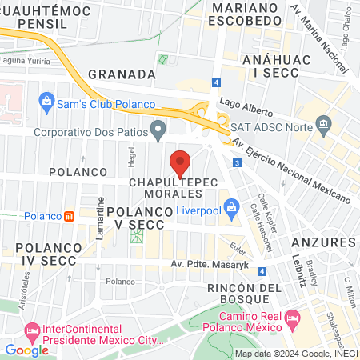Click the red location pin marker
click(x=181, y=162)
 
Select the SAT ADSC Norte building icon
click(x=324, y=123)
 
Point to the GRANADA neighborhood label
click(x=121, y=74)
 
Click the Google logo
click(x=26, y=350)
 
